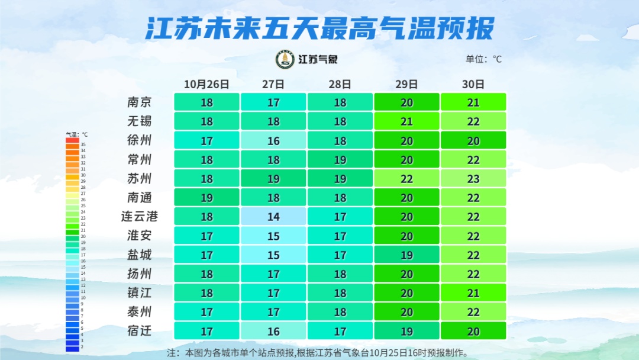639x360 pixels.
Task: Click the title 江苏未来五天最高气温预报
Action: click(x=319, y=28)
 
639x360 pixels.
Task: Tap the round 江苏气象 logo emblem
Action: click(x=285, y=59)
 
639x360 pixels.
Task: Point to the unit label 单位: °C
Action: click(x=483, y=59)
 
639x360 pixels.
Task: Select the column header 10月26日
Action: click(x=206, y=84)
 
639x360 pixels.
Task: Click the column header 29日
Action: click(x=406, y=84)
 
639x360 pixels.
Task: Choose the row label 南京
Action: click(x=140, y=102)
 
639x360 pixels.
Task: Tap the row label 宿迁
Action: click(x=140, y=331)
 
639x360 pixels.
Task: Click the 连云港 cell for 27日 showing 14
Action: click(x=273, y=217)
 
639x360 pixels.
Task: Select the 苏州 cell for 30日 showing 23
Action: click(x=473, y=179)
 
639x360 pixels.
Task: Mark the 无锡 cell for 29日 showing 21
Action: click(x=406, y=121)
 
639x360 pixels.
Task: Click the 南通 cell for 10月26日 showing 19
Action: click(x=206, y=198)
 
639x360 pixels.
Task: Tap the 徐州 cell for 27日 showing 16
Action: click(x=273, y=141)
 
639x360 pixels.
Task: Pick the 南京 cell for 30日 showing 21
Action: click(x=473, y=102)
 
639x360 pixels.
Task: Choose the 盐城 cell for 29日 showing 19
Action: click(x=406, y=255)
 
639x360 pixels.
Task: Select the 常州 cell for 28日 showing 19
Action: click(x=340, y=160)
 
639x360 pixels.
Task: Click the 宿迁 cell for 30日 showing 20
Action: click(x=473, y=332)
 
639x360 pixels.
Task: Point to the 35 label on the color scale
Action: click(x=83, y=144)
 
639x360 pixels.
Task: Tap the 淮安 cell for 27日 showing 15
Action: click(x=273, y=236)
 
